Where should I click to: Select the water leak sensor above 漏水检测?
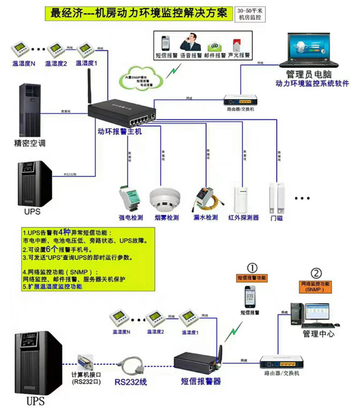click(x=204, y=198)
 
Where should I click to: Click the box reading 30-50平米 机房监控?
click(x=250, y=14)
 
